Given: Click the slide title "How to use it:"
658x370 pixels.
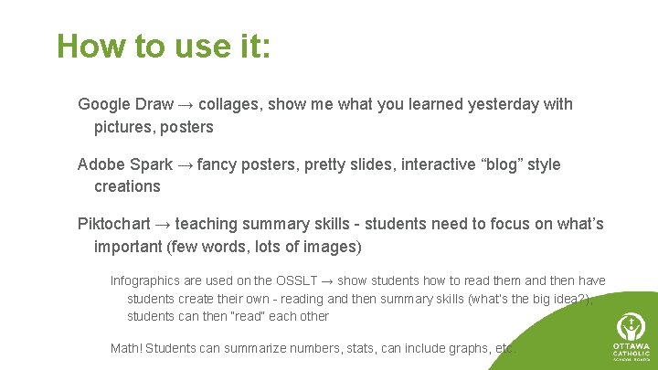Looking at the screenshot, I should (164, 46).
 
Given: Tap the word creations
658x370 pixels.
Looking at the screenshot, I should (127, 186).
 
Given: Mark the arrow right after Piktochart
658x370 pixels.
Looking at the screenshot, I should (163, 224).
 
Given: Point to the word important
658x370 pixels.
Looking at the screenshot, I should (128, 247).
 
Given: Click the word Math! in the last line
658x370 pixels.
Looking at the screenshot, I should (126, 348).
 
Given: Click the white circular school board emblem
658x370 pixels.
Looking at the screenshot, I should (631, 325).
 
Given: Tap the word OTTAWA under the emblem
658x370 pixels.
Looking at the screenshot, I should (631, 346).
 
